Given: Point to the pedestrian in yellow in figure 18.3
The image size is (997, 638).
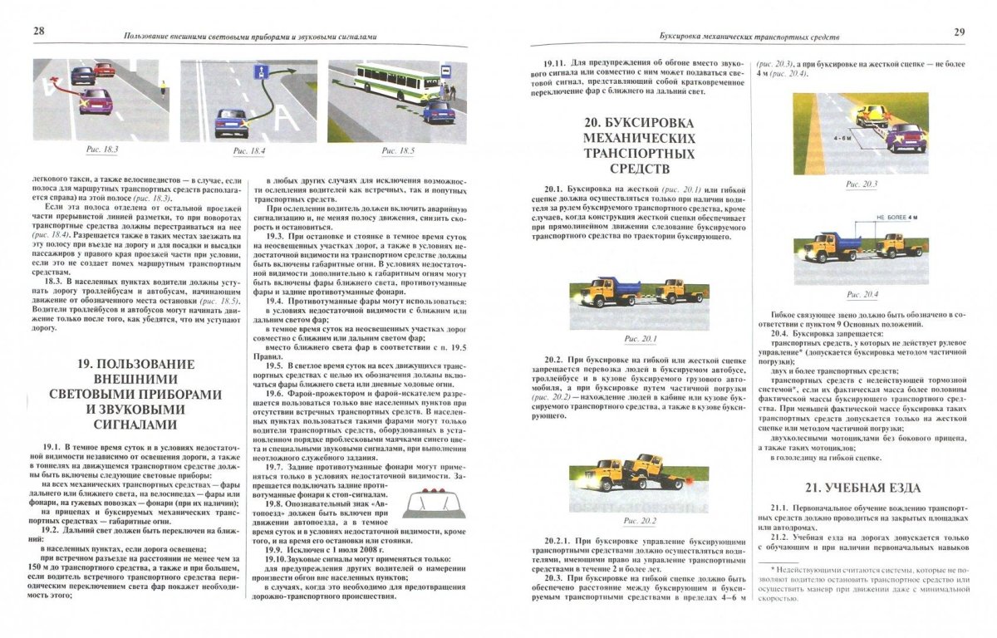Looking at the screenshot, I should point(162,86).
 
